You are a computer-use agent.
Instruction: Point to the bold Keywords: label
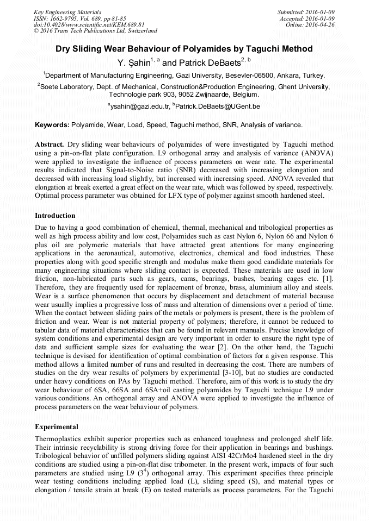tap(52, 125)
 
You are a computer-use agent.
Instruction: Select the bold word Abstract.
tap(50, 145)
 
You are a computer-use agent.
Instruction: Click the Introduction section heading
tap(56, 216)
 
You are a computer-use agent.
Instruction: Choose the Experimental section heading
tap(57, 426)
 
